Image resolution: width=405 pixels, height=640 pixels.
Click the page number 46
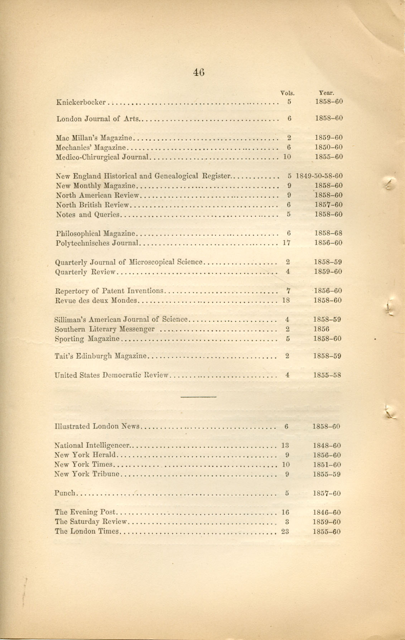click(x=199, y=72)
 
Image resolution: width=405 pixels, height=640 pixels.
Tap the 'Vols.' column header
click(x=287, y=93)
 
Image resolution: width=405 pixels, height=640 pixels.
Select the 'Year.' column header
click(x=326, y=93)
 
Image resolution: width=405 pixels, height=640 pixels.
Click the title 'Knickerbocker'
click(x=81, y=102)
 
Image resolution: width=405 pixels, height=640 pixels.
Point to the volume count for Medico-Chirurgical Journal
click(x=287, y=157)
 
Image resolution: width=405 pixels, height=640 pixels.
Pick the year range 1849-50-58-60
click(x=319, y=176)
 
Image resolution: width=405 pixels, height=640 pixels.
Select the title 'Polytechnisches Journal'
click(x=97, y=243)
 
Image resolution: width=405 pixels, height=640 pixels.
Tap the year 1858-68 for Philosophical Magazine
click(x=328, y=233)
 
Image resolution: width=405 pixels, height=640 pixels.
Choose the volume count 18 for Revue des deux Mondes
click(x=286, y=301)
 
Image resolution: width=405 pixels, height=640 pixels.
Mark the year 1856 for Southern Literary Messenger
click(x=321, y=329)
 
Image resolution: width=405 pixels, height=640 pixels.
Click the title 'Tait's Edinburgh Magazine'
click(x=101, y=356)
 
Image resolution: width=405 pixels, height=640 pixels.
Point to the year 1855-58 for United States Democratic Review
click(x=327, y=375)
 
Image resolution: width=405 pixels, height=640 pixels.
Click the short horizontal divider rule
click(x=198, y=397)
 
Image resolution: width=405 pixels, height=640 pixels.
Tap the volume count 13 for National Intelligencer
click(x=285, y=446)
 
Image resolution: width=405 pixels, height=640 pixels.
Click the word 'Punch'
click(x=65, y=493)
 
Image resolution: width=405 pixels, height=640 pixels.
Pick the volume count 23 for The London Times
click(x=285, y=532)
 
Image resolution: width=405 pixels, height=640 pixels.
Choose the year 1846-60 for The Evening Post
click(x=327, y=513)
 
